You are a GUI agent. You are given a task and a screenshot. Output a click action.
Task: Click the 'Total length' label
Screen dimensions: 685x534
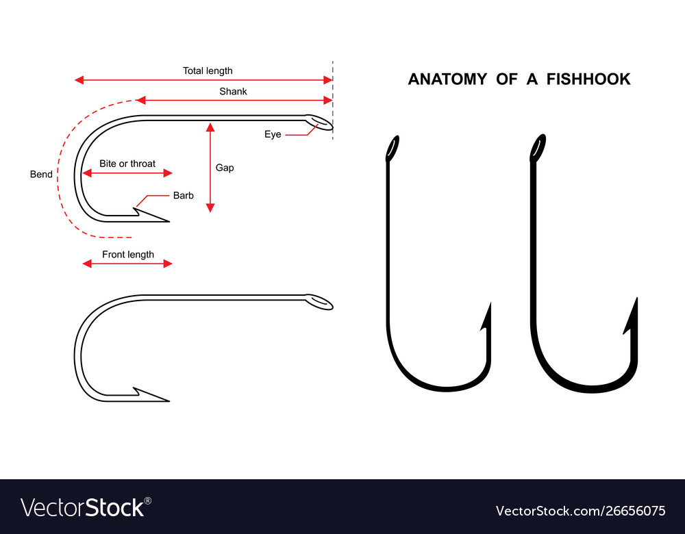coord(208,71)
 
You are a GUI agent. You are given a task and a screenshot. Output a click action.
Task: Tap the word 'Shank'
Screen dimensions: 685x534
coord(234,91)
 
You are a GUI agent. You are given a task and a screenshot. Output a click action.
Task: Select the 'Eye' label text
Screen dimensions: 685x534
coord(273,134)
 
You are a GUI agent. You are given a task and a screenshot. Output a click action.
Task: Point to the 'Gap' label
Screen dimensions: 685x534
coord(225,168)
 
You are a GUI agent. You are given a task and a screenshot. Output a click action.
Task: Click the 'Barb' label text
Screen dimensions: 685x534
coord(184,195)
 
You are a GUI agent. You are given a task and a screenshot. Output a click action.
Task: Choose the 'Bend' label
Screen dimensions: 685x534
coord(41,174)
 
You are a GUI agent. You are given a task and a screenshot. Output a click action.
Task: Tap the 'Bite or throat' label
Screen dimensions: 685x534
coord(127,164)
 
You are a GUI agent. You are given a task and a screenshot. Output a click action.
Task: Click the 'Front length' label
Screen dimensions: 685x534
coord(128,255)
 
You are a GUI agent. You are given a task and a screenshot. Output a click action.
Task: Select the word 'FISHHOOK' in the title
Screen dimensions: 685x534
coord(588,79)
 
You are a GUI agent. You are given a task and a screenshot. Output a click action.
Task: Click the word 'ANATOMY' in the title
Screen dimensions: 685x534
coord(447,79)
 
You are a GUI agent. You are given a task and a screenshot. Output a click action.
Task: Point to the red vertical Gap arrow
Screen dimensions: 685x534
coord(210,168)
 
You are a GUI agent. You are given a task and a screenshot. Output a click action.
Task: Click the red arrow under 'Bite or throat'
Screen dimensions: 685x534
coord(127,173)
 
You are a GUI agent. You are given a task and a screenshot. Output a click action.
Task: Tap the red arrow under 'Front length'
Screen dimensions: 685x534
coord(127,264)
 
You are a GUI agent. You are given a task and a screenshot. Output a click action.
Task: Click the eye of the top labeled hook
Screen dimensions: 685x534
coord(319,123)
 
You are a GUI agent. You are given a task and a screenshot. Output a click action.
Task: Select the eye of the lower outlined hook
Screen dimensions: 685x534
coord(319,302)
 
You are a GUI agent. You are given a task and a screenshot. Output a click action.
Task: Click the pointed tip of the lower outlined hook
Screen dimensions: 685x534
coord(169,400)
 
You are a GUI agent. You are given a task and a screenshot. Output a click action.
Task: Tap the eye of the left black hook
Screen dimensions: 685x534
coord(393,148)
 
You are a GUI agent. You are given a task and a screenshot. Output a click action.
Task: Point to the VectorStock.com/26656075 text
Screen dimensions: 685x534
coord(581,511)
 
